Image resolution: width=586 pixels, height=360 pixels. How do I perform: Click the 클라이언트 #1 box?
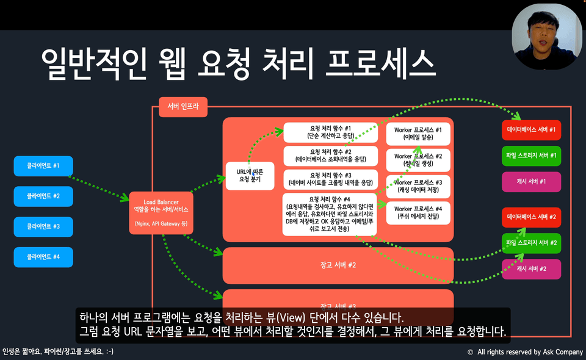pos(43,166)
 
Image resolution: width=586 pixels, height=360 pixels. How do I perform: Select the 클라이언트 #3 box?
pos(43,226)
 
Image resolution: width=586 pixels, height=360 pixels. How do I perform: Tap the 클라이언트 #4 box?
pos(43,257)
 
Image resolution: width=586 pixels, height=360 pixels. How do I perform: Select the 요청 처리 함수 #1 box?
pos(330,132)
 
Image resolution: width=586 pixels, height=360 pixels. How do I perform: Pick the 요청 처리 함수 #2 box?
pos(330,156)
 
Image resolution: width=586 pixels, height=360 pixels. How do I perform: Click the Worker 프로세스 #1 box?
pos(418,134)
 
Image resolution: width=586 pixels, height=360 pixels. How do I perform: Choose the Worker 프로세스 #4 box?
pos(418,213)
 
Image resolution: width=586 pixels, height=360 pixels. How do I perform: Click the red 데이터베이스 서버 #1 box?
pos(531,130)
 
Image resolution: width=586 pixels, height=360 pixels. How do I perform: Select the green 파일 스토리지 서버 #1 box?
pos(531,156)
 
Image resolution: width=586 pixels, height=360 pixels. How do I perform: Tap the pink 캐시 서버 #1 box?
pos(531,182)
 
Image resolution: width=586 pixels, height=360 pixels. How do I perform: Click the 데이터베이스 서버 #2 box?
pos(531,217)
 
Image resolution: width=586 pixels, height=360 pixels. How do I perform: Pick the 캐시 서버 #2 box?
pos(531,268)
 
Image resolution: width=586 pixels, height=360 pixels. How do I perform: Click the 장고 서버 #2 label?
pos(338,265)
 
